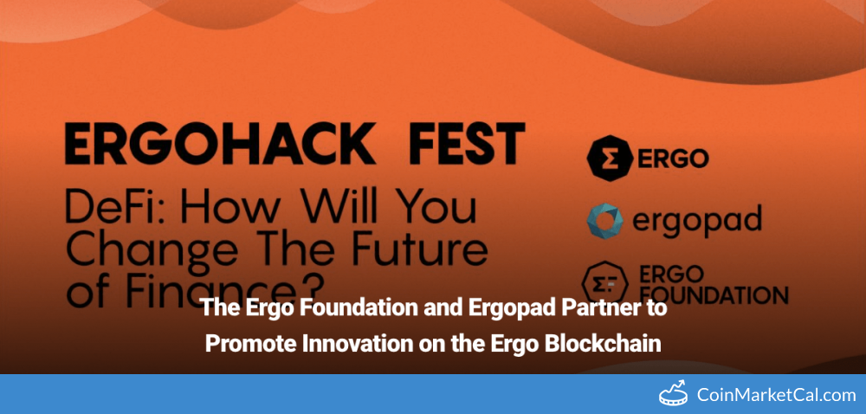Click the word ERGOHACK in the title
220,143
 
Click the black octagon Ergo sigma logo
609,158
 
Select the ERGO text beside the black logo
673,158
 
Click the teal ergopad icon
604,221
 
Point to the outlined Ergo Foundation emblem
604,282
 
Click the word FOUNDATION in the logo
712,294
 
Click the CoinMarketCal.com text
777,395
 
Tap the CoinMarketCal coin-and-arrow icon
675,393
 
